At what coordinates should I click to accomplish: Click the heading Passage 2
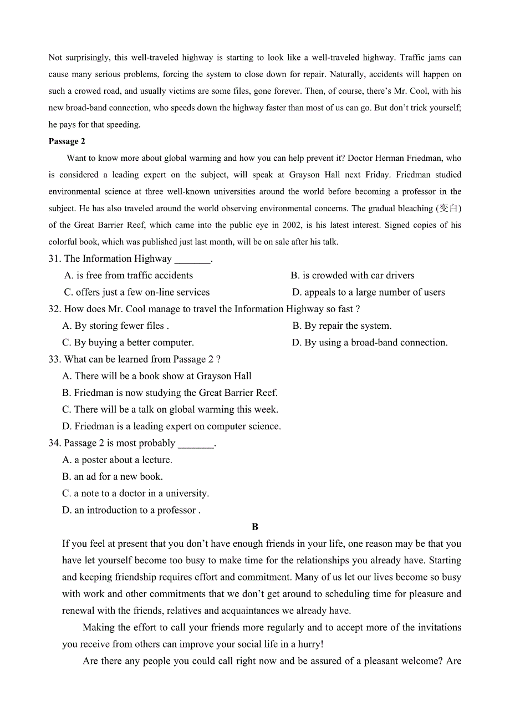click(x=67, y=141)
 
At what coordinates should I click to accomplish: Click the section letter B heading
click(x=255, y=527)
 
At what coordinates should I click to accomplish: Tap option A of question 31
click(x=129, y=276)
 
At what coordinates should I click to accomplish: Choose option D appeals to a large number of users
click(x=369, y=292)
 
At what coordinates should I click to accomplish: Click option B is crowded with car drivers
click(x=353, y=276)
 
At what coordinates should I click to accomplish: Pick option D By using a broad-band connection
click(x=370, y=343)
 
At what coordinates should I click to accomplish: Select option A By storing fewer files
click(x=116, y=326)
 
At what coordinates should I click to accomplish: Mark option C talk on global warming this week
click(x=170, y=410)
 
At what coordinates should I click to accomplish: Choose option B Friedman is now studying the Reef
click(x=170, y=393)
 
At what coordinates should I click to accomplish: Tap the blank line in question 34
click(x=196, y=444)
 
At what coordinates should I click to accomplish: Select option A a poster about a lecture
click(x=118, y=460)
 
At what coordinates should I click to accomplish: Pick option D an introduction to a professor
click(x=131, y=510)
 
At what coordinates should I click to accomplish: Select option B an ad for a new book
click(x=113, y=477)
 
